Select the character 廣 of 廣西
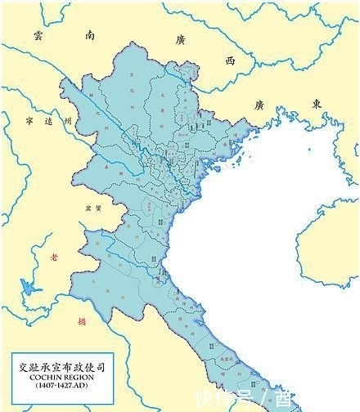click(179, 38)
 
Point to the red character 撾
click(79, 321)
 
